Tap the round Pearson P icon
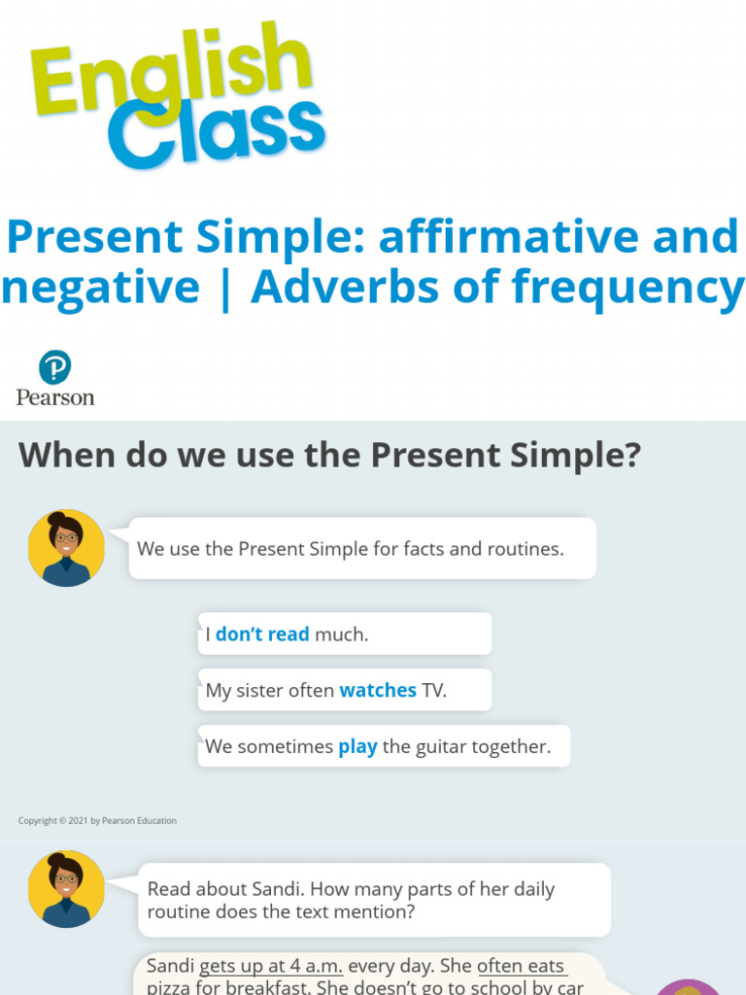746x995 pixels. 55,368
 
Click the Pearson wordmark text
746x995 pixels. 55,396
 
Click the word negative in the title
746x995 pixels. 100,288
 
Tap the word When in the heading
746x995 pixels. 66,455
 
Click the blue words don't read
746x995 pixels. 262,635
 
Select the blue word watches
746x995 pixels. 378,691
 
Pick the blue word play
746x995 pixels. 357,747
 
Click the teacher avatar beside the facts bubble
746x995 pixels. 66,547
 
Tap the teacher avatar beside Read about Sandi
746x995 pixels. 66,889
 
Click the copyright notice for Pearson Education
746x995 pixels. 97,821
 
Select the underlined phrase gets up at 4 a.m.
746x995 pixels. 271,967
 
